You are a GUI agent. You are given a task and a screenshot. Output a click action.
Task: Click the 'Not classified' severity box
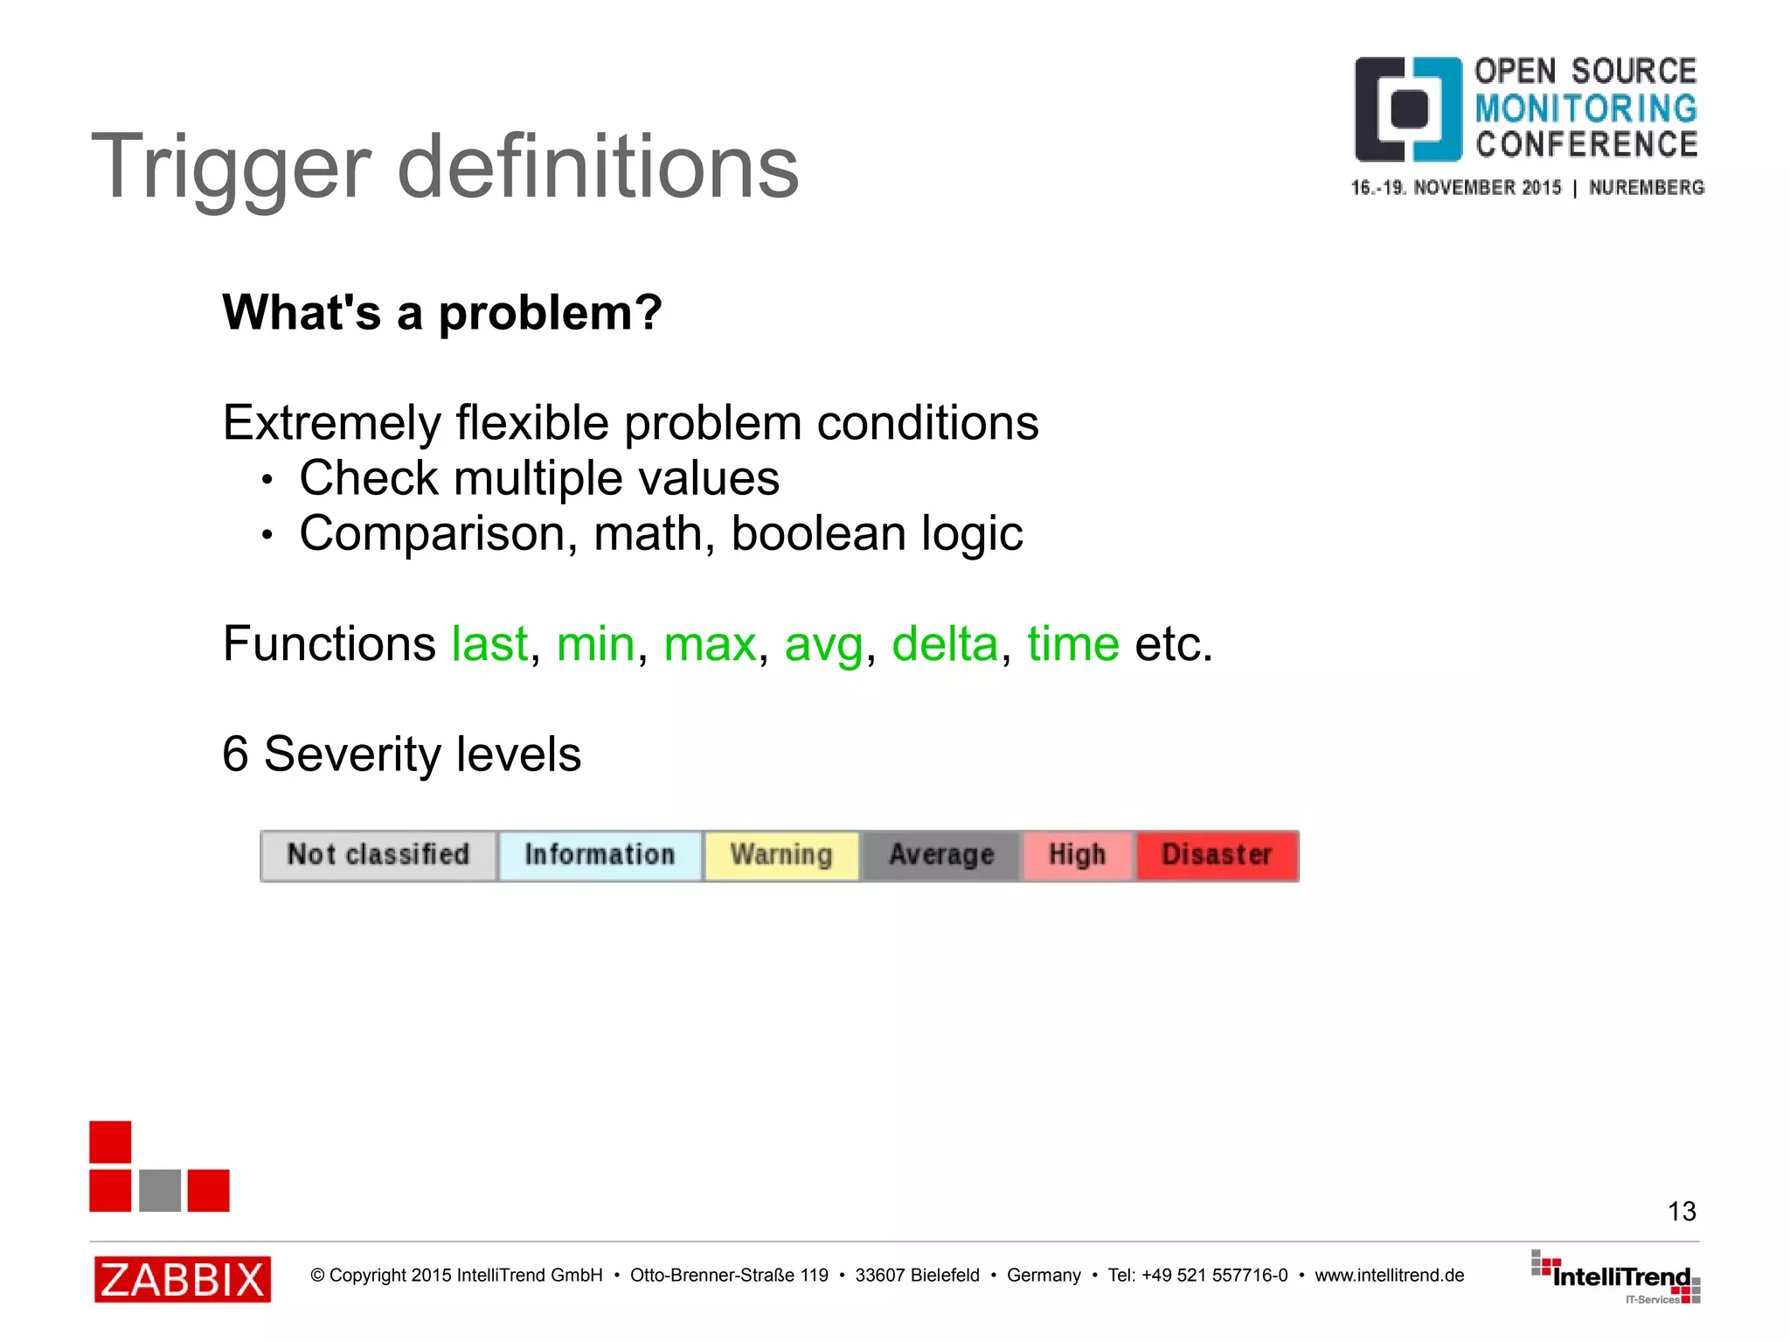tap(378, 855)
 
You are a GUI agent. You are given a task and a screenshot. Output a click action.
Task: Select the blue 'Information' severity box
tap(600, 855)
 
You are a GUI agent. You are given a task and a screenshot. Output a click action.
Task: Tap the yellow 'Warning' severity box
tap(781, 855)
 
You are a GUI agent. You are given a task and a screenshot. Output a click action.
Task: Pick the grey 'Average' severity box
tap(941, 855)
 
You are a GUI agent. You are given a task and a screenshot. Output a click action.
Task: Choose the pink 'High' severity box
tap(1077, 855)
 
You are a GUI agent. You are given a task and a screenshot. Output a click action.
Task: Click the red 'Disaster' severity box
tap(1217, 855)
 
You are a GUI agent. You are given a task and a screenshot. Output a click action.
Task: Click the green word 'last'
tap(489, 644)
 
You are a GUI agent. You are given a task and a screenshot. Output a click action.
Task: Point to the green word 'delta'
tap(944, 644)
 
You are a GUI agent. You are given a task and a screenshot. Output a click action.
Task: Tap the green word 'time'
tap(1072, 644)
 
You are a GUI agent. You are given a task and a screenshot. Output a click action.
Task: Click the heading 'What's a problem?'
tap(442, 312)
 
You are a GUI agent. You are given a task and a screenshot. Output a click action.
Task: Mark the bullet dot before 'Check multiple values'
tap(267, 480)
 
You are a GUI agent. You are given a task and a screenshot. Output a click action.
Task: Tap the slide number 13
tap(1681, 1211)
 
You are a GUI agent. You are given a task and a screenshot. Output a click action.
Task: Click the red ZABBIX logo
tap(183, 1279)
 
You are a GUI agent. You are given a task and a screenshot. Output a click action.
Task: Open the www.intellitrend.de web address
tap(1389, 1276)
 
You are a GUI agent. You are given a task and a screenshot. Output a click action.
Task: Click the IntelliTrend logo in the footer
tap(1617, 1277)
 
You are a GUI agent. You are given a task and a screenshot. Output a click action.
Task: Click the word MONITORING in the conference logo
tap(1585, 108)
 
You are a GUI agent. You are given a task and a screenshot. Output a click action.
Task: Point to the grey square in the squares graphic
tap(160, 1190)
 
